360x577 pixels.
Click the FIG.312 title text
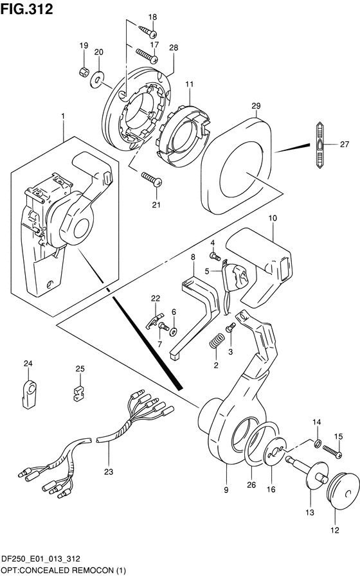pos(27,8)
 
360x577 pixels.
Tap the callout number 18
pos(152,17)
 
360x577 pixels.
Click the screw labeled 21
pos(151,179)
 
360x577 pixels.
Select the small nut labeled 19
pos(84,71)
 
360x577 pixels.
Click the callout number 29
pos(256,105)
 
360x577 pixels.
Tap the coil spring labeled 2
pos(217,341)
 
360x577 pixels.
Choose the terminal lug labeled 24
pos(28,395)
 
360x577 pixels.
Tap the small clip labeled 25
pos(78,393)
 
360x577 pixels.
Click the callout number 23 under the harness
pos(109,472)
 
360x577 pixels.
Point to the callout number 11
pos(189,84)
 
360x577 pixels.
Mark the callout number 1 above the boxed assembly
pos(63,116)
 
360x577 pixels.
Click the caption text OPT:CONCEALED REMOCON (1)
pos(63,571)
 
